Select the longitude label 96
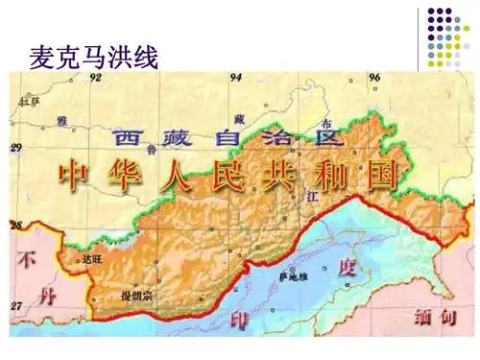(375, 76)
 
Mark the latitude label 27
(15, 306)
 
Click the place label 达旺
(91, 259)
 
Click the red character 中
(74, 174)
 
